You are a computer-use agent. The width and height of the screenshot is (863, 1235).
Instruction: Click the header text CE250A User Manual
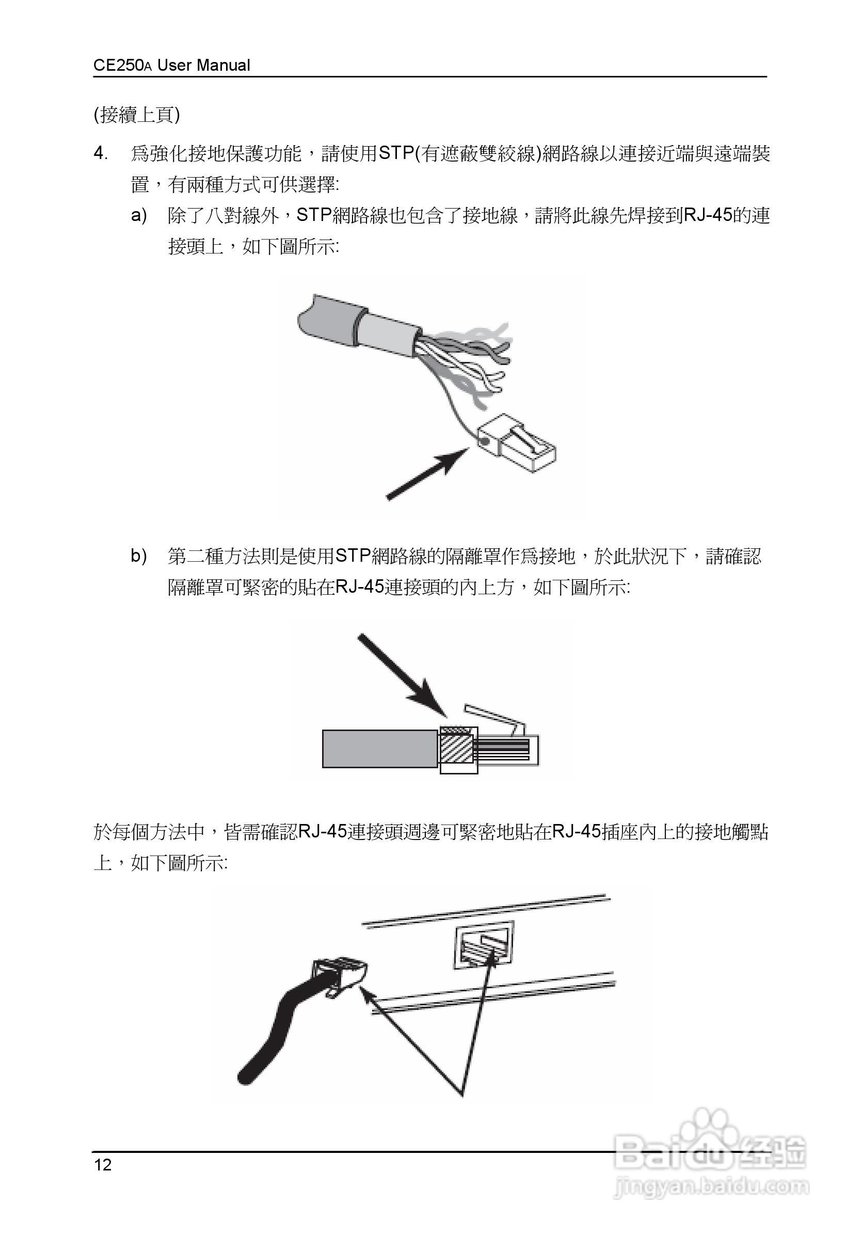171,66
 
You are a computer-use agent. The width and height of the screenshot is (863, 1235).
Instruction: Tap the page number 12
103,1165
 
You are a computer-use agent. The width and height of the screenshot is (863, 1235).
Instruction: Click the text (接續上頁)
137,115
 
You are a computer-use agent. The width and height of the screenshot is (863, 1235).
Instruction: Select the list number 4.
101,154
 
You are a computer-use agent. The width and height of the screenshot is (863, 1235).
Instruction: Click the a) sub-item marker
139,216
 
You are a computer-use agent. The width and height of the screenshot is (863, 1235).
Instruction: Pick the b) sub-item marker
139,556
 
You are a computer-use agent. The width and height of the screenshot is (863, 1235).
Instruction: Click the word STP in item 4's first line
395,154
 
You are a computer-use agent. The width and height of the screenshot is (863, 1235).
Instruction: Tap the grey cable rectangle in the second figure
379,748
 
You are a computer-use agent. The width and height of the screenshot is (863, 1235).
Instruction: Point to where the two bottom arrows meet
461,1093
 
